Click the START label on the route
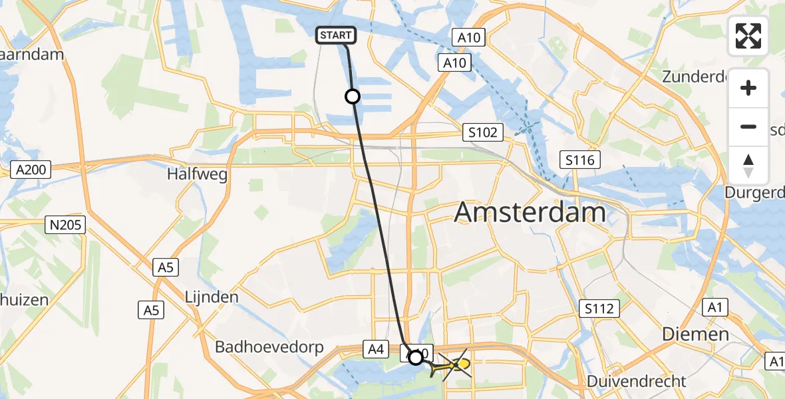(x=337, y=35)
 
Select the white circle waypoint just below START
(x=353, y=97)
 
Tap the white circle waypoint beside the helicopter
(x=416, y=358)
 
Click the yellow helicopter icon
(x=453, y=365)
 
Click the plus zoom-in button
(x=748, y=88)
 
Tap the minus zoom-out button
(x=748, y=127)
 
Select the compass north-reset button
(x=748, y=166)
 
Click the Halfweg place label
(x=198, y=175)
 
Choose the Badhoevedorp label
(x=269, y=347)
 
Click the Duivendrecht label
(x=637, y=382)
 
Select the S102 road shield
(x=482, y=132)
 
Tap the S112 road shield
(x=599, y=308)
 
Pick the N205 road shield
(x=65, y=225)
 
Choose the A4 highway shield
(x=374, y=347)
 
